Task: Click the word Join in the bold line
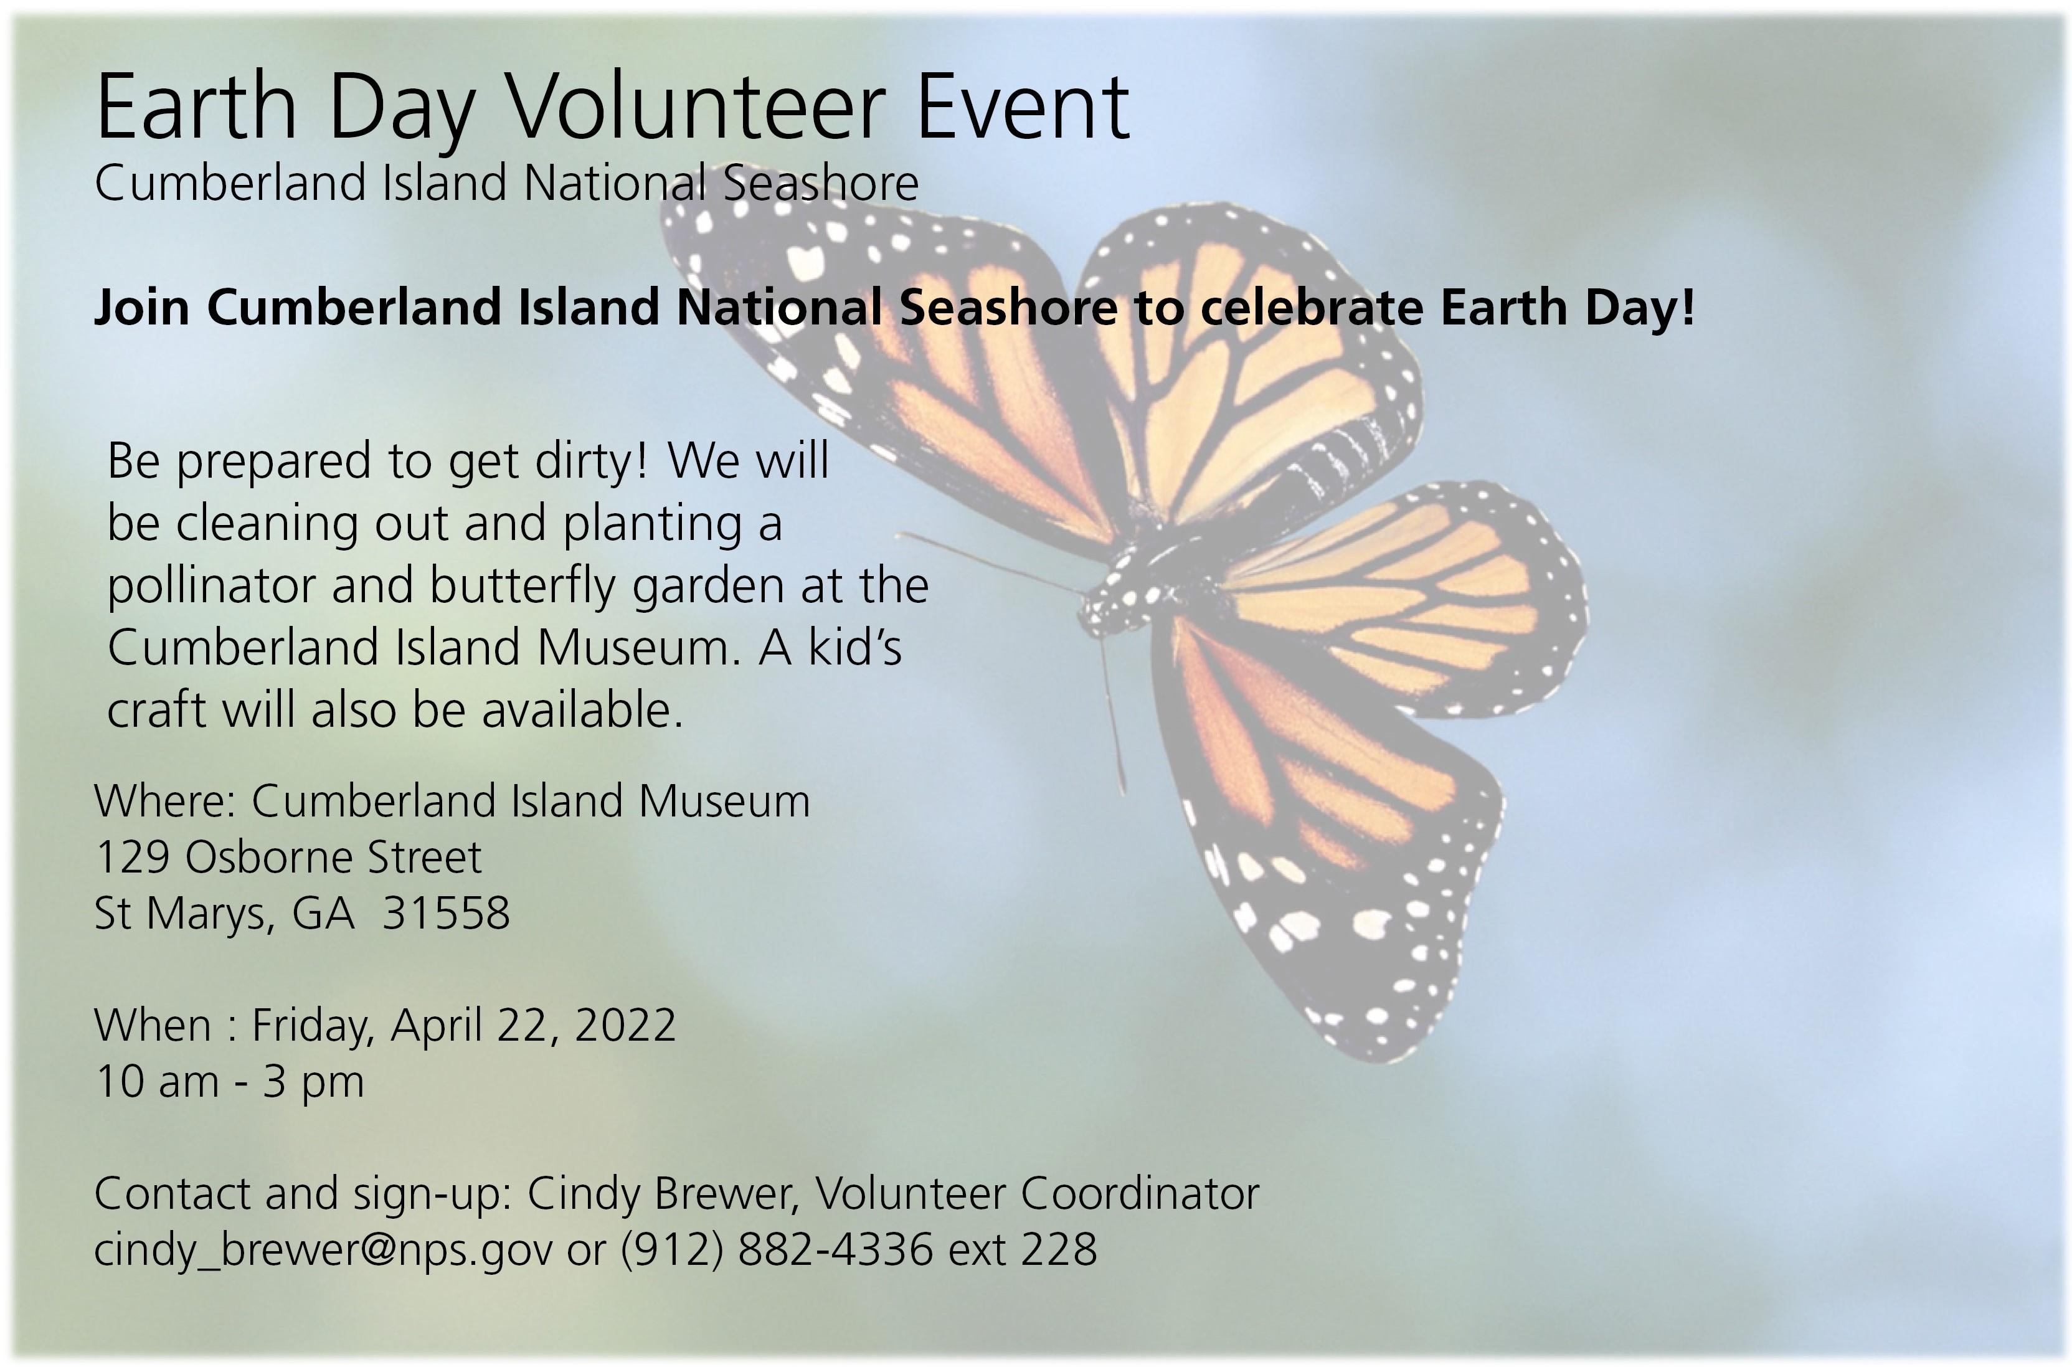pyautogui.click(x=142, y=308)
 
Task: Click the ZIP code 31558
pyautogui.click(x=447, y=914)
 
